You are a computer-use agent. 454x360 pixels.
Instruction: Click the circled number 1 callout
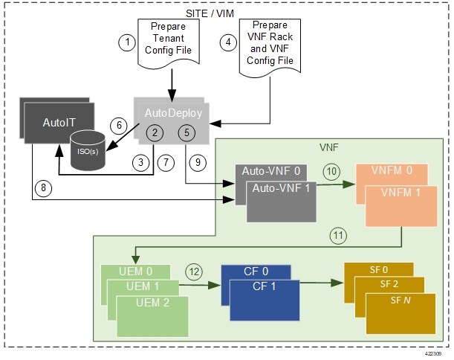128,42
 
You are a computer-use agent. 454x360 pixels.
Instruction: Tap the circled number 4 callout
230,42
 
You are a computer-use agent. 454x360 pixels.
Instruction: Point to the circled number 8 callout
45,188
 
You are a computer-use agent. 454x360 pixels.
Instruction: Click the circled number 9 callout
197,161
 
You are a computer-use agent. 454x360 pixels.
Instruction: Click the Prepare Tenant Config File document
167,43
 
